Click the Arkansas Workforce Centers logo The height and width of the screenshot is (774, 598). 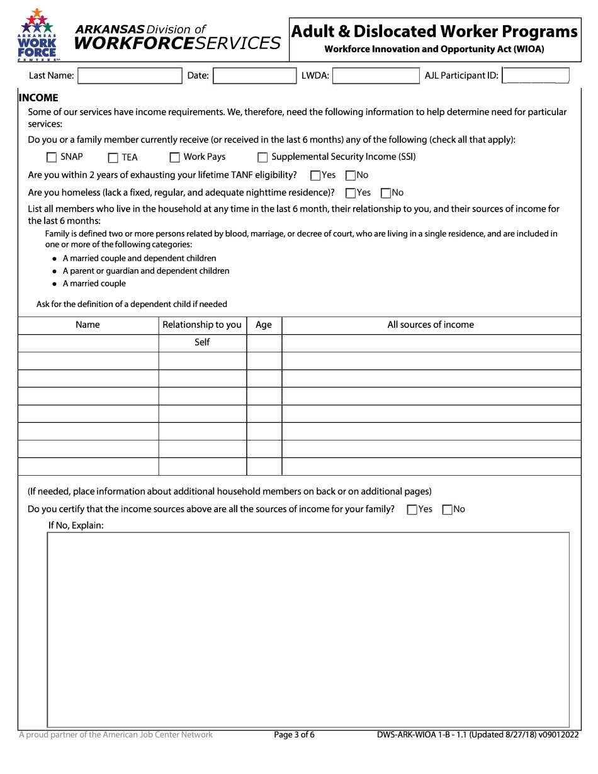pos(38,35)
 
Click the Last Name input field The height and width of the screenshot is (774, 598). pos(130,76)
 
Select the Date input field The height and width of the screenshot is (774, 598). pos(254,76)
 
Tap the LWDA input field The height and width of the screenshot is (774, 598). pos(375,76)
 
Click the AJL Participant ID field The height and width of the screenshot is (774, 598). pos(536,76)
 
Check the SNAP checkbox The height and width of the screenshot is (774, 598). pos(52,157)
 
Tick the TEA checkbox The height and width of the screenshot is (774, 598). pos(113,158)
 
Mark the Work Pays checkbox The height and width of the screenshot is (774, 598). pos(174,157)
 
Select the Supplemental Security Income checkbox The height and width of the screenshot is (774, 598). pos(262,157)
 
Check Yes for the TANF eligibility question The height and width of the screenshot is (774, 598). pos(315,176)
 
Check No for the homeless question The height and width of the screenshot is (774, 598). pos(386,193)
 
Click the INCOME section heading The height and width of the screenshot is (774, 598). pos(38,98)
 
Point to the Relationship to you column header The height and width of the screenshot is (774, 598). pos(202,325)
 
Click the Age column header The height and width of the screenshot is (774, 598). pos(264,325)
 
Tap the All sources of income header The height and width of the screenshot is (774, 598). pos(431,325)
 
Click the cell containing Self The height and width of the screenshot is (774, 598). pos(202,342)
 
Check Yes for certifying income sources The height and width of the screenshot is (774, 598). pos(412,510)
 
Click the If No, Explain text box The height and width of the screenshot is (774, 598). pos(308,629)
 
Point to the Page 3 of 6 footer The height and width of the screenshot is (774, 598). pos(294,734)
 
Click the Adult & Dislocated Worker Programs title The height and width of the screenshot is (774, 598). pos(434,31)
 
